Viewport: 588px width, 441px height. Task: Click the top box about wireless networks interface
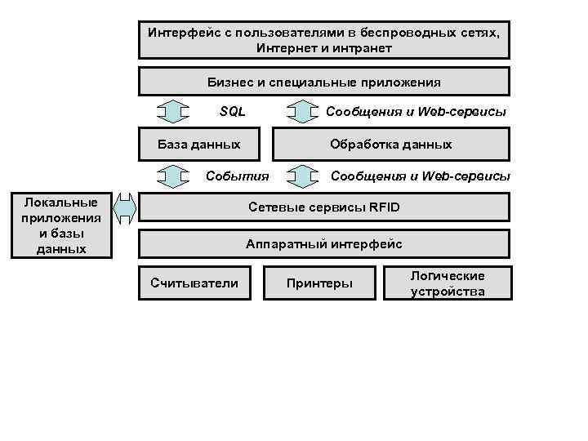(x=323, y=40)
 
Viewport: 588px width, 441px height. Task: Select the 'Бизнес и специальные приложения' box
(x=323, y=82)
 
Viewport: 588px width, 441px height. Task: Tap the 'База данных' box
(x=199, y=144)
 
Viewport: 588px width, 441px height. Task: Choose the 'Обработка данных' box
(x=390, y=144)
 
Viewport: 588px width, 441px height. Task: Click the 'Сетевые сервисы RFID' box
(x=323, y=207)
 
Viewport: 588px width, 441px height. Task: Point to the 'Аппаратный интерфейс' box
(x=323, y=243)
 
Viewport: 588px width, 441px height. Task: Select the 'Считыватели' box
(x=194, y=283)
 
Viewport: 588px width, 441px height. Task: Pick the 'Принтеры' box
(x=319, y=283)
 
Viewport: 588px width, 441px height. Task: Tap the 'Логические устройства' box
(x=447, y=283)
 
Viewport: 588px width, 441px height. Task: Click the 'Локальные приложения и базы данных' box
(x=61, y=225)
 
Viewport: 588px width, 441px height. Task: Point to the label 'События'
(x=237, y=176)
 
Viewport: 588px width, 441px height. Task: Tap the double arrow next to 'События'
(x=172, y=176)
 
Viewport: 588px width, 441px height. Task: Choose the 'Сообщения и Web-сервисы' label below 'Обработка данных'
(x=420, y=176)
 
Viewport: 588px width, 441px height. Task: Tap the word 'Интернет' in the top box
(x=280, y=48)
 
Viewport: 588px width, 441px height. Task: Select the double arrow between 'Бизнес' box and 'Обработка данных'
(x=303, y=111)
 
